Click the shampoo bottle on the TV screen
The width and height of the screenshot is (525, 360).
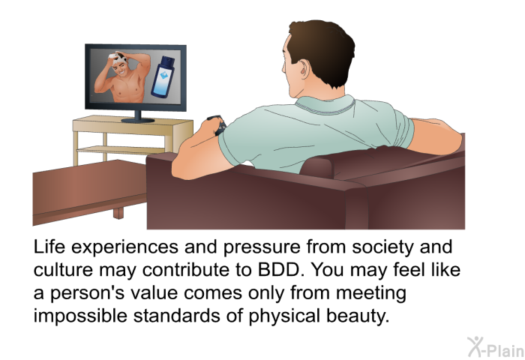coord(163,77)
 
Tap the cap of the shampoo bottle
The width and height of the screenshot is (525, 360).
coord(168,61)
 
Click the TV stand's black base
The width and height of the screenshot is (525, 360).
coord(137,120)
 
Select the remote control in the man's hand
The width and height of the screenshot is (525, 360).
coord(217,124)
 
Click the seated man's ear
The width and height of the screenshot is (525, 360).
coord(304,70)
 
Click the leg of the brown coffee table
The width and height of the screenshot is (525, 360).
coord(118,213)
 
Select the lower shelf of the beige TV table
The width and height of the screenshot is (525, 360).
coord(121,150)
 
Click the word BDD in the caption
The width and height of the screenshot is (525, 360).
coord(279,269)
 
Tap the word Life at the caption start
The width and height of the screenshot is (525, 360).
coord(49,247)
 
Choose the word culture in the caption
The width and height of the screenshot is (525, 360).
coord(63,269)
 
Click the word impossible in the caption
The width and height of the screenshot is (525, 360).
coord(80,316)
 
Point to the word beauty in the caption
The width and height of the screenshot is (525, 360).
coord(358,316)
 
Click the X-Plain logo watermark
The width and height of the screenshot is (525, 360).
coord(496,347)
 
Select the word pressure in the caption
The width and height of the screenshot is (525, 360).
coord(262,248)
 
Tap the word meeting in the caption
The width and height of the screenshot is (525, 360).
coord(371,293)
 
